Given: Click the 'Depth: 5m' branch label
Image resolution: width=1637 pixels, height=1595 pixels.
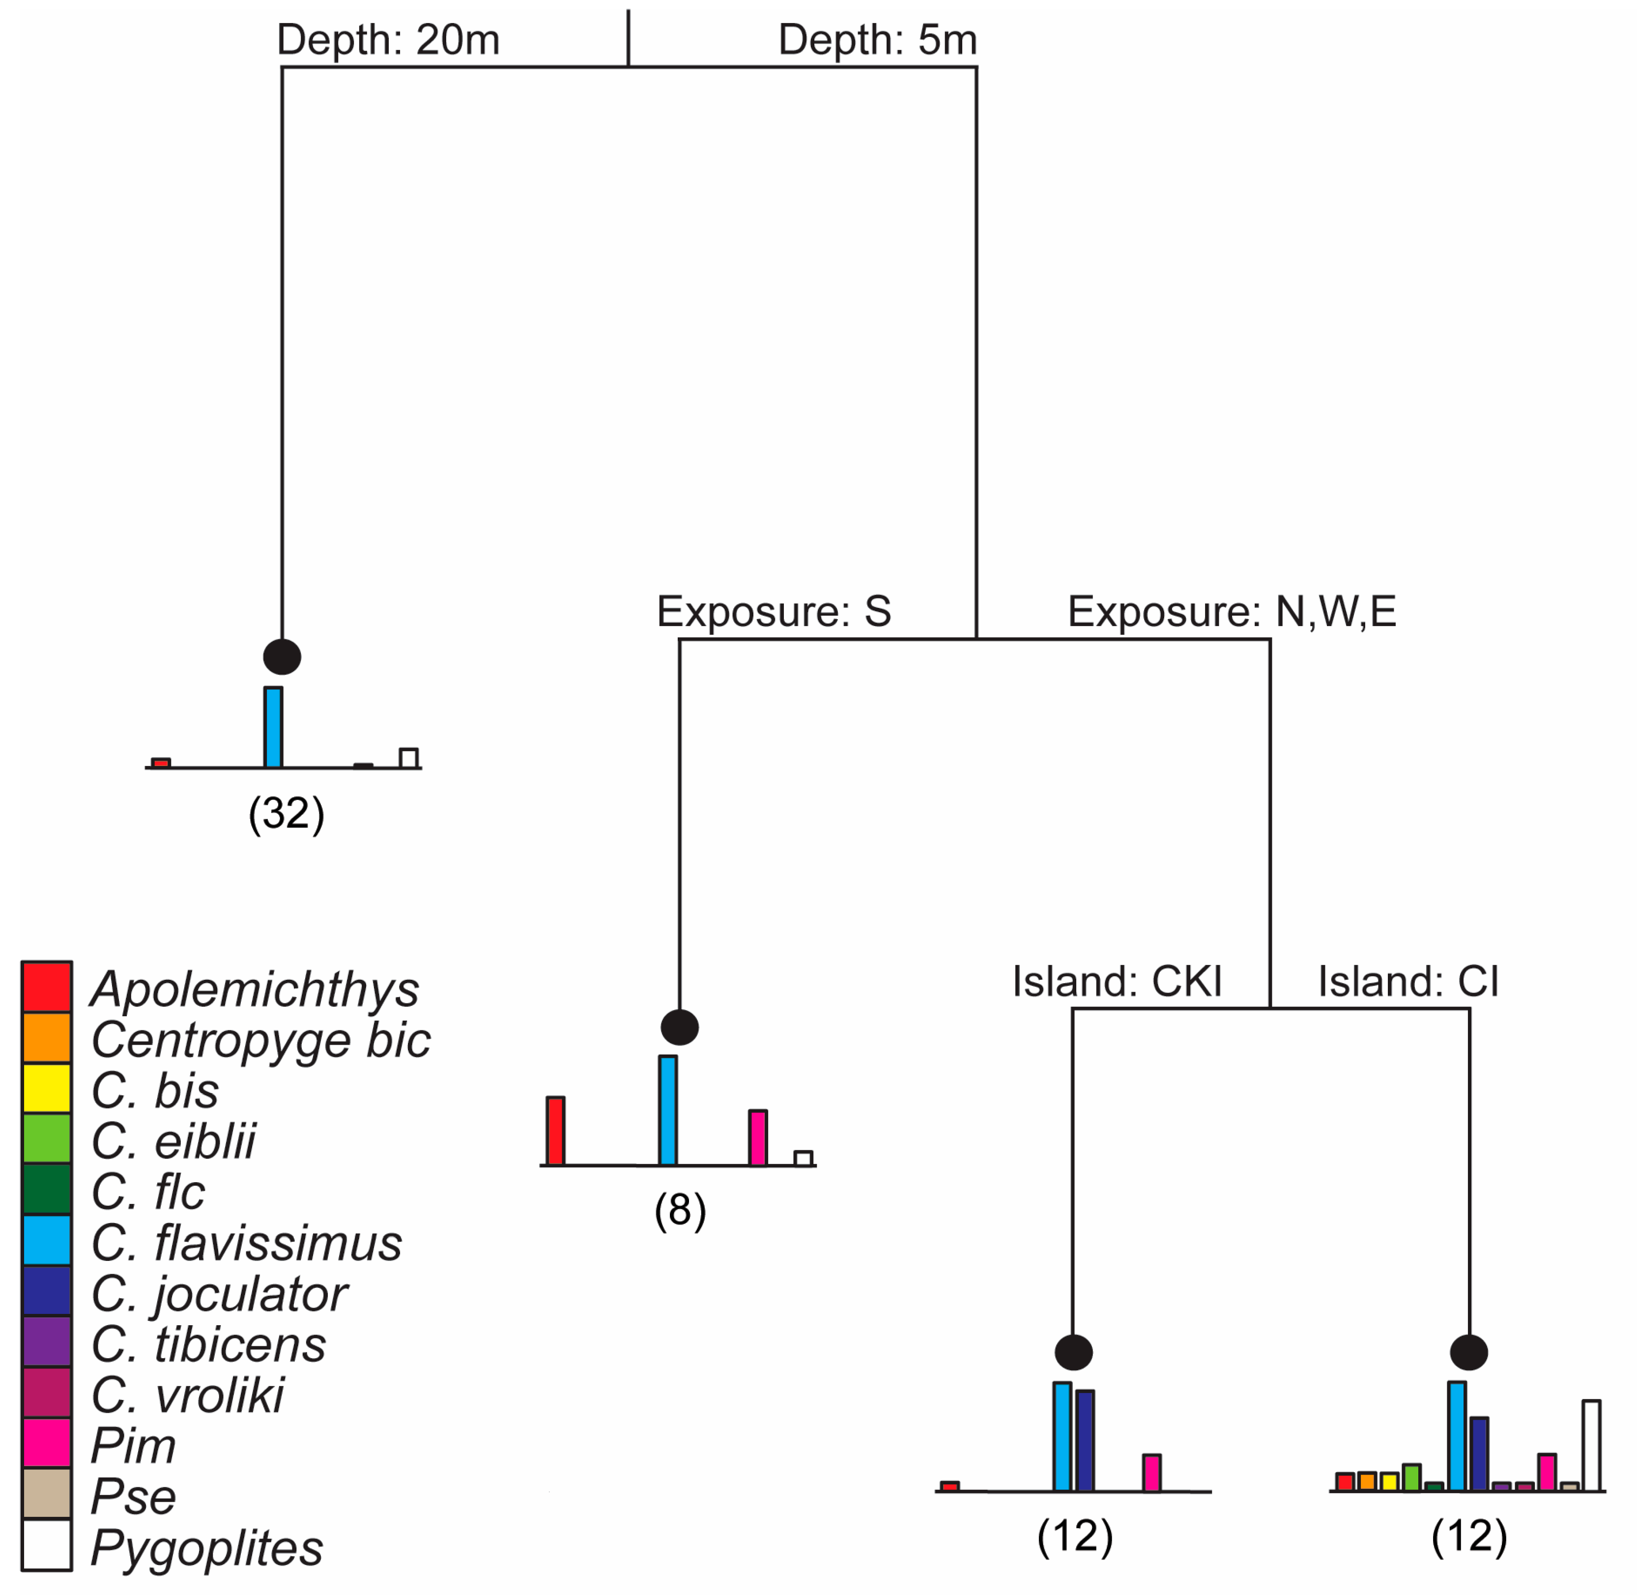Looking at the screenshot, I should pos(877,40).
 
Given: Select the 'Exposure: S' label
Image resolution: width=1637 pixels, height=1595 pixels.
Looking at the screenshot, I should pos(773,612).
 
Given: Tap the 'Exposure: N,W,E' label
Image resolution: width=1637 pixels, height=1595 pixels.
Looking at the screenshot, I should pos(1232,612).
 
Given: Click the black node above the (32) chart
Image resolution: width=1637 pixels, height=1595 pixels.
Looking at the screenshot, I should pos(282,657).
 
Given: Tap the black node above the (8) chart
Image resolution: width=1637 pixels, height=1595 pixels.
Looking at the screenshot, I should pos(680,1027).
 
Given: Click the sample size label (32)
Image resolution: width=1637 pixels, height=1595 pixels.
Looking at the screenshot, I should pos(287,813).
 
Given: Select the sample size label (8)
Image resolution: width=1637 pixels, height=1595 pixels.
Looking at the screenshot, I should pos(680,1210).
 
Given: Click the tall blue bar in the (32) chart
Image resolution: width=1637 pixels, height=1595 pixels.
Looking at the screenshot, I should pos(273,727).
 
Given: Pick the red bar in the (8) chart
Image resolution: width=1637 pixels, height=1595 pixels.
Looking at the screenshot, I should pos(555,1131).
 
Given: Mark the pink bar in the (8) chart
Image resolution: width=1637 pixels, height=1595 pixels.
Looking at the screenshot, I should pos(757,1138).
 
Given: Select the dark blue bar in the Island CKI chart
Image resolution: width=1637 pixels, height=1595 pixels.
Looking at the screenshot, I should pos(1085,1440).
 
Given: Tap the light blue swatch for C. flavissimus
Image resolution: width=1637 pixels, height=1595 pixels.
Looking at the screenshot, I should pos(47,1241).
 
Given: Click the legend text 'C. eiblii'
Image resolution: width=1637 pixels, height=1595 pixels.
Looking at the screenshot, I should pos(173,1141).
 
